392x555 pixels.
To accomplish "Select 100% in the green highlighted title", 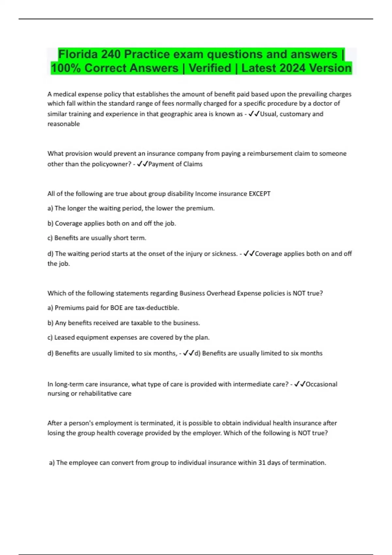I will (x=65, y=68).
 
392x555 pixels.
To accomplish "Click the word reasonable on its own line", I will (x=64, y=124).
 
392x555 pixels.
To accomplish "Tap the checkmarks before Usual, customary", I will (x=254, y=114).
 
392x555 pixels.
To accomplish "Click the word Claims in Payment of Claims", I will (x=193, y=164).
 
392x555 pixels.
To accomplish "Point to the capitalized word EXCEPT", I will (x=259, y=194).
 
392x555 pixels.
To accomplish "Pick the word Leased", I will (x=64, y=338).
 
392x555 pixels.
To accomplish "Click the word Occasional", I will (x=321, y=384).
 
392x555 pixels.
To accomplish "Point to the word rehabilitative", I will (x=98, y=394).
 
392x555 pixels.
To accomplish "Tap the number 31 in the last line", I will (x=262, y=463).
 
